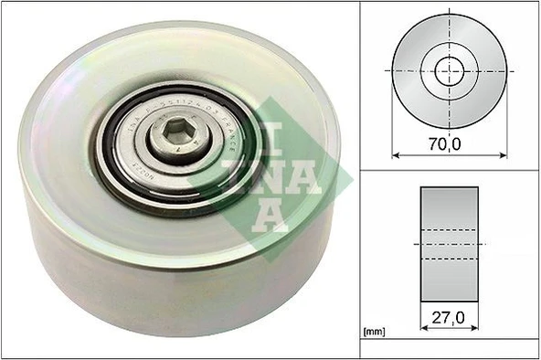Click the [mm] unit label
(x=374, y=330)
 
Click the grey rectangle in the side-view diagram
(x=448, y=244)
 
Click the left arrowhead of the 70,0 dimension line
(x=396, y=154)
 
